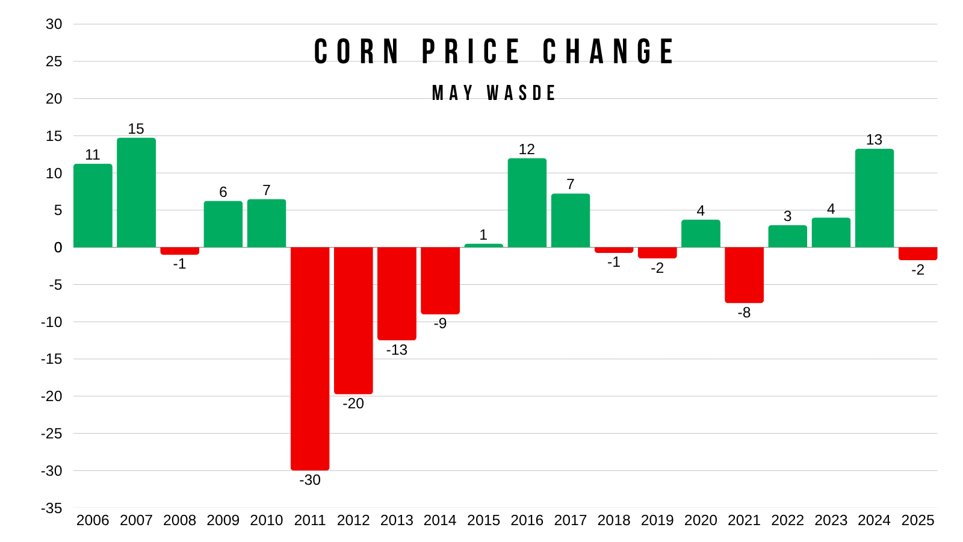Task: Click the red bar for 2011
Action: click(x=310, y=359)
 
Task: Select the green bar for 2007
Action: click(x=136, y=193)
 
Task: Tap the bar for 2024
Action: click(x=875, y=198)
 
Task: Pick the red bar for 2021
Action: click(x=744, y=275)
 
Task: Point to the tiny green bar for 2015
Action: click(x=484, y=246)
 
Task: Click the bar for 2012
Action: click(x=353, y=320)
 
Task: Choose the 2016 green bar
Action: click(x=527, y=203)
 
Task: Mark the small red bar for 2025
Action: click(x=918, y=254)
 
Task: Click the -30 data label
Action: click(x=310, y=480)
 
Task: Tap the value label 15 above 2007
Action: click(x=136, y=129)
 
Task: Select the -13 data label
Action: click(x=397, y=350)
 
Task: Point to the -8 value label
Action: click(x=744, y=313)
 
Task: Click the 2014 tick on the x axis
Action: click(x=440, y=520)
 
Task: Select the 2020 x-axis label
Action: click(x=701, y=520)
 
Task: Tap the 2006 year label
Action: click(x=93, y=520)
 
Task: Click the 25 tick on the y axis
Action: click(x=54, y=61)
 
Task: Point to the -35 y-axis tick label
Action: click(x=52, y=508)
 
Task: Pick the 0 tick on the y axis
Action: click(x=58, y=248)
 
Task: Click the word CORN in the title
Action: click(x=357, y=52)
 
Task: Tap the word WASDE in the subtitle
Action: click(x=521, y=93)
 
